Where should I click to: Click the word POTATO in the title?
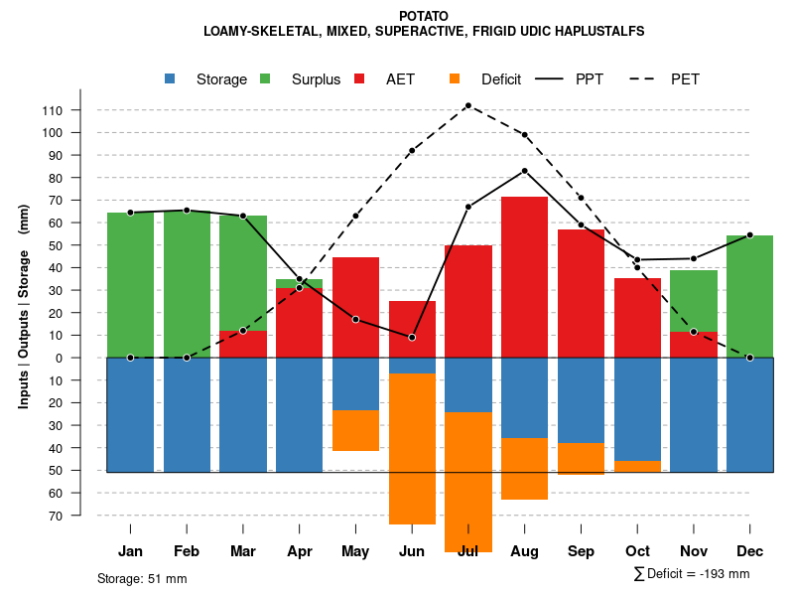pos(424,16)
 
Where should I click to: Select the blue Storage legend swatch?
pos(170,79)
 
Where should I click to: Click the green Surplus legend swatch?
pos(265,79)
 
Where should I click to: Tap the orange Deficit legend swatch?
pos(455,79)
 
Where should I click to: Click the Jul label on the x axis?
pos(468,550)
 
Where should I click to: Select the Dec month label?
pos(749,550)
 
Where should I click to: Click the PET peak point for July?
pos(467,105)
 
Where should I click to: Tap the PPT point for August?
pos(524,171)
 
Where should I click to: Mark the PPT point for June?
pos(412,338)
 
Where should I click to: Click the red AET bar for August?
pos(524,277)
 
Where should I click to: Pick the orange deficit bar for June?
pos(412,448)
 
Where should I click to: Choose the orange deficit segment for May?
pos(355,430)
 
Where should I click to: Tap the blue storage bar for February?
pos(187,414)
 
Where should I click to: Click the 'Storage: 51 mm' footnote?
pos(142,578)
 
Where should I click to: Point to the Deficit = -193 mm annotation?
pos(692,573)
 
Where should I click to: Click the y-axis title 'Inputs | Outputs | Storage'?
pos(24,306)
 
